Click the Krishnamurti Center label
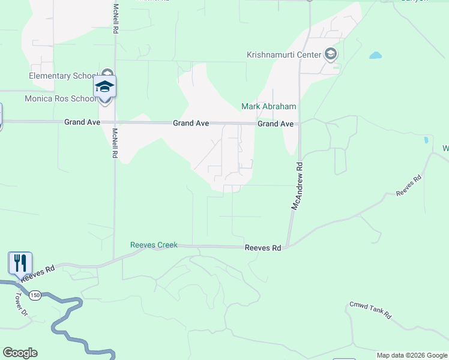(284, 55)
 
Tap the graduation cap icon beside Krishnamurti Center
(330, 55)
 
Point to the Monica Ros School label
(59, 98)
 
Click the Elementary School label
(62, 76)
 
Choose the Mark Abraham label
(269, 107)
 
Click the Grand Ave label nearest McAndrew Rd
(276, 124)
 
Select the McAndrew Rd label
(297, 185)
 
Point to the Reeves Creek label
(154, 245)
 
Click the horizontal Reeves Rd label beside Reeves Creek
(263, 248)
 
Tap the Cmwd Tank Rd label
(370, 310)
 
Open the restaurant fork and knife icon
(20, 262)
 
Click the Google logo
(20, 353)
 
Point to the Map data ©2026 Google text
(411, 355)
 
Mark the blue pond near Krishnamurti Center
(375, 56)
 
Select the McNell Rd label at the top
(115, 20)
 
